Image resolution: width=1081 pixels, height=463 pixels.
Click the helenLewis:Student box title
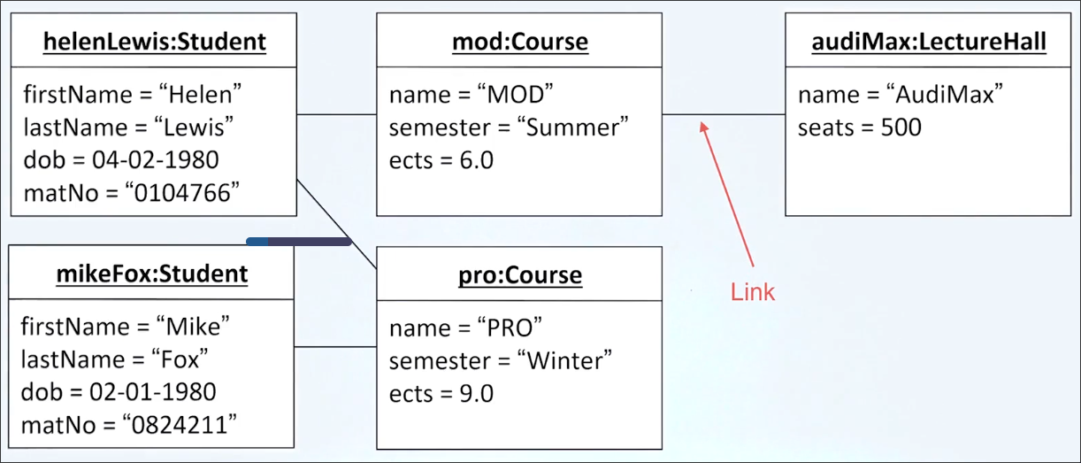[x=154, y=41]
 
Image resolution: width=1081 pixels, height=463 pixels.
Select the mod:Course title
[x=519, y=41]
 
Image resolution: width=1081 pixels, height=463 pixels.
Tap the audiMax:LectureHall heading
[x=929, y=41]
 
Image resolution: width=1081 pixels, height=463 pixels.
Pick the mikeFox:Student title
[x=152, y=274]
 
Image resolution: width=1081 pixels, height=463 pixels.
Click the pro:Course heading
[x=519, y=274]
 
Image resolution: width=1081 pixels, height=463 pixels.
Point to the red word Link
[x=753, y=291]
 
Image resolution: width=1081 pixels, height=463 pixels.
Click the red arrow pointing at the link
[x=728, y=195]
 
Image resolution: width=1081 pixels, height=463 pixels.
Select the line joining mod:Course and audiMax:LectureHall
[x=724, y=115]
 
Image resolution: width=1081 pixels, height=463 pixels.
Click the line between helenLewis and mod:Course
[x=336, y=115]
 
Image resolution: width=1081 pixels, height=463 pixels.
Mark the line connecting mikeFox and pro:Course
[x=336, y=347]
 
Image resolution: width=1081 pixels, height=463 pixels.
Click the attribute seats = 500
[x=859, y=127]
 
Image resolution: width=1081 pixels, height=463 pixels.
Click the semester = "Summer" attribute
[x=509, y=127]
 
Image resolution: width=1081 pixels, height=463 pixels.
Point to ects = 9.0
[x=441, y=393]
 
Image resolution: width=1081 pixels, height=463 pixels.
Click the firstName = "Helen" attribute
[x=133, y=94]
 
